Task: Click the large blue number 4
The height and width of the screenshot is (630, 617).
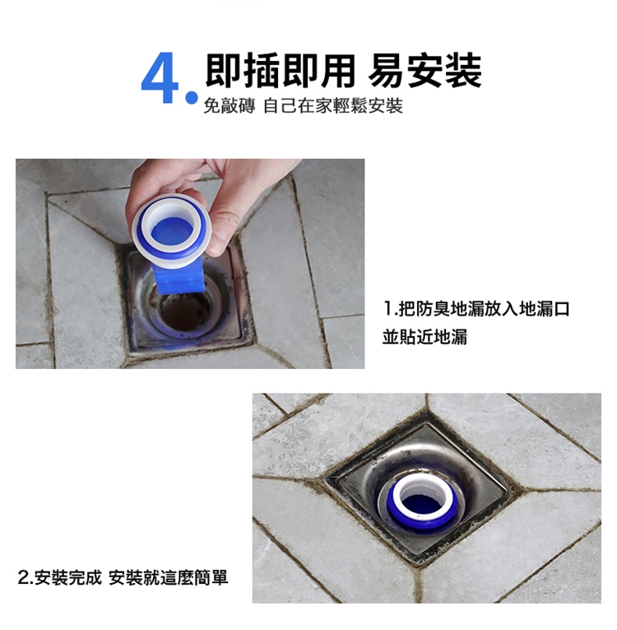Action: [162, 81]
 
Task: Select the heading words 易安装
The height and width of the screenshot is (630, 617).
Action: [426, 71]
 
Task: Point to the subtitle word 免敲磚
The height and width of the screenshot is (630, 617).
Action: [228, 107]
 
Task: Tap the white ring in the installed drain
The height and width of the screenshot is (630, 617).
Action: [424, 484]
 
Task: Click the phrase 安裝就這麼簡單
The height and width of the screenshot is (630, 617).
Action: [168, 577]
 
